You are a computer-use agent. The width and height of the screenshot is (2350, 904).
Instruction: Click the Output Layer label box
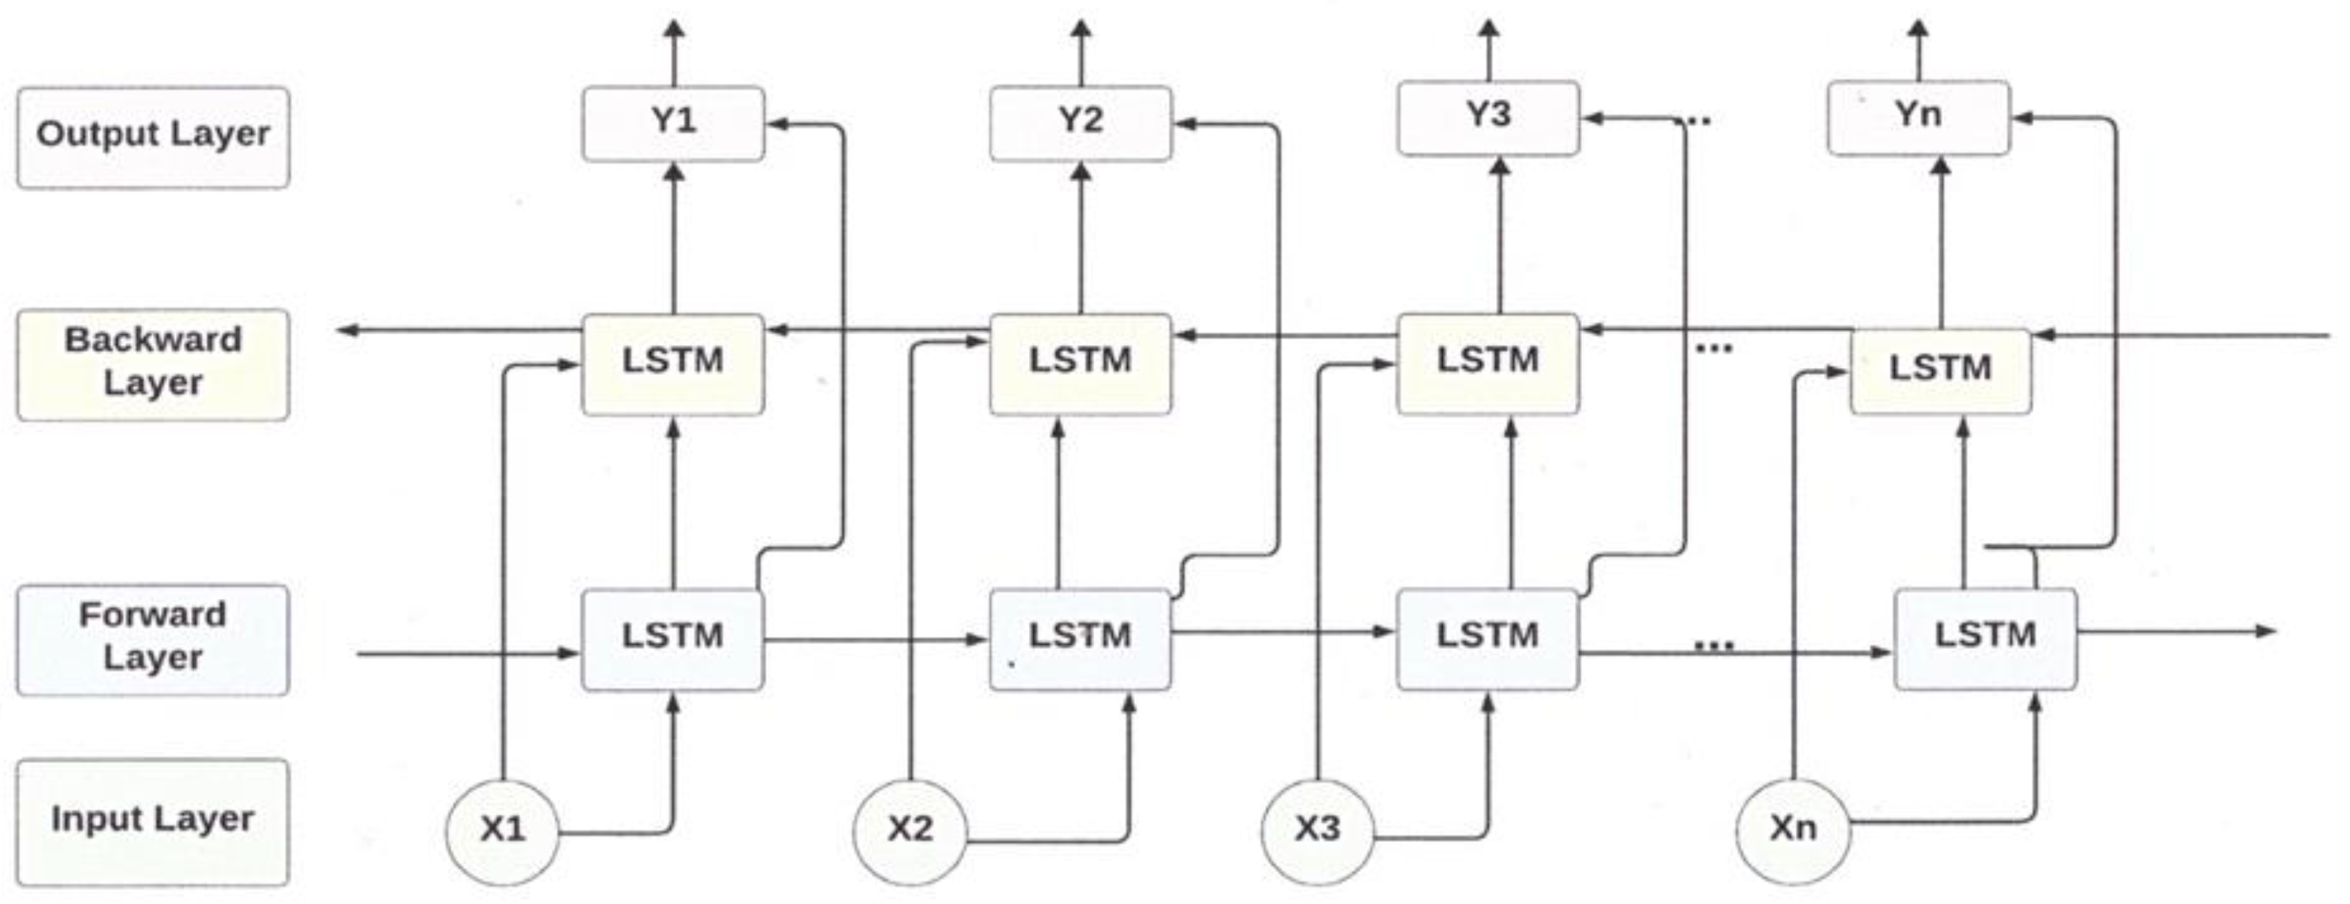[x=153, y=137]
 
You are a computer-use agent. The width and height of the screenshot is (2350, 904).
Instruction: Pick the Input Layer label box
[x=153, y=821]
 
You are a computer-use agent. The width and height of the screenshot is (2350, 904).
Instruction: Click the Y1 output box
[x=673, y=123]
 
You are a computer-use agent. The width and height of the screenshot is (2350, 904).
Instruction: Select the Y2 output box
[x=1080, y=123]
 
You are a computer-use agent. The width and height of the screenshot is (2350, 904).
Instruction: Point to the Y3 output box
[x=1488, y=118]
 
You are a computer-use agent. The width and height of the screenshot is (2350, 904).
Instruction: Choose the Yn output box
[x=1918, y=118]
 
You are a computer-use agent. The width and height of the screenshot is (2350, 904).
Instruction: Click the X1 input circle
[x=502, y=829]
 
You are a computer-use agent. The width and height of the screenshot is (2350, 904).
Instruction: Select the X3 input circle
[x=1318, y=829]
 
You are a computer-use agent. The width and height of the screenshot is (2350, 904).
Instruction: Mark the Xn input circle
[x=1793, y=829]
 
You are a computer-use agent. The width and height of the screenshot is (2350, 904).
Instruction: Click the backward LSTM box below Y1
[x=673, y=363]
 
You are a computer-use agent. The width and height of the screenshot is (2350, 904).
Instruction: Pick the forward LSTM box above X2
[x=1080, y=638]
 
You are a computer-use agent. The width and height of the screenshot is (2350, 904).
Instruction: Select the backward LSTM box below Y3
[x=1488, y=362]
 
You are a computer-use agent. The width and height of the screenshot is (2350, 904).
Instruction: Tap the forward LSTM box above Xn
[x=1985, y=638]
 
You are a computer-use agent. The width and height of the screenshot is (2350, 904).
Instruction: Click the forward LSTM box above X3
[x=1488, y=638]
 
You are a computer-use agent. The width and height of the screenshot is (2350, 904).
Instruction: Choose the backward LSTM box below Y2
[x=1080, y=363]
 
